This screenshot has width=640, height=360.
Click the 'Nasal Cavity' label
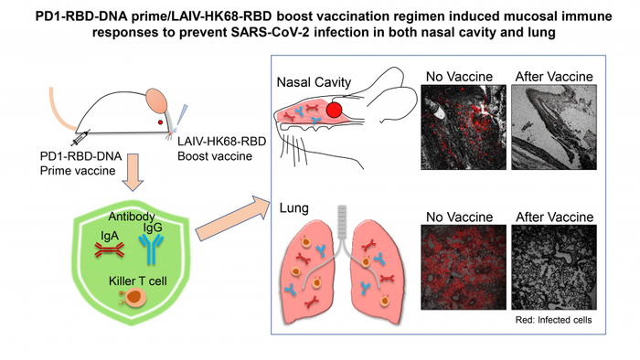(312, 82)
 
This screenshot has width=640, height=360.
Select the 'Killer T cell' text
(129, 280)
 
